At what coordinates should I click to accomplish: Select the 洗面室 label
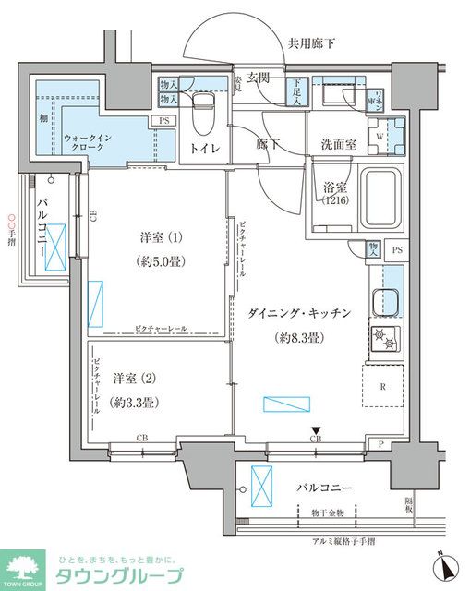(x=337, y=145)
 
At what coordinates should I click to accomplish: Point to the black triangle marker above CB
(x=316, y=428)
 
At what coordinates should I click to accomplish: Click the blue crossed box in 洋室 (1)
(x=96, y=304)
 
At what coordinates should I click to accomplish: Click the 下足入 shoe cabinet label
(x=296, y=90)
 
